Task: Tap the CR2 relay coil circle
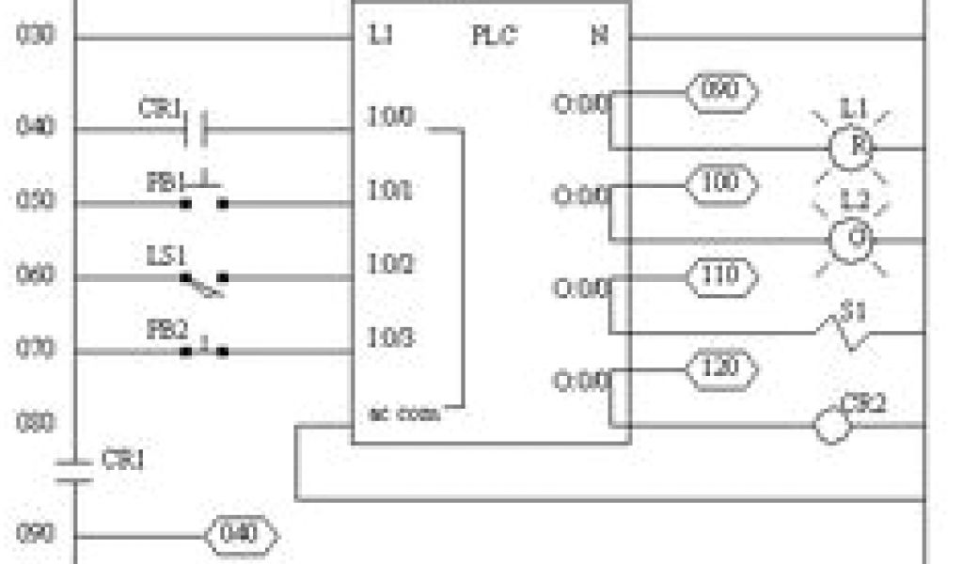(x=832, y=426)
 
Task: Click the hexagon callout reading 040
(x=242, y=535)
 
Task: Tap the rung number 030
(x=36, y=38)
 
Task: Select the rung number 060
(x=36, y=276)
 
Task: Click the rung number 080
(x=36, y=422)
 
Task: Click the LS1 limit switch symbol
(x=204, y=280)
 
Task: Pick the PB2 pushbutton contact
(x=205, y=350)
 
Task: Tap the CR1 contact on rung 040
(x=196, y=129)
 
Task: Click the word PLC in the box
(x=492, y=37)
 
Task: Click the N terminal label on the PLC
(x=599, y=37)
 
